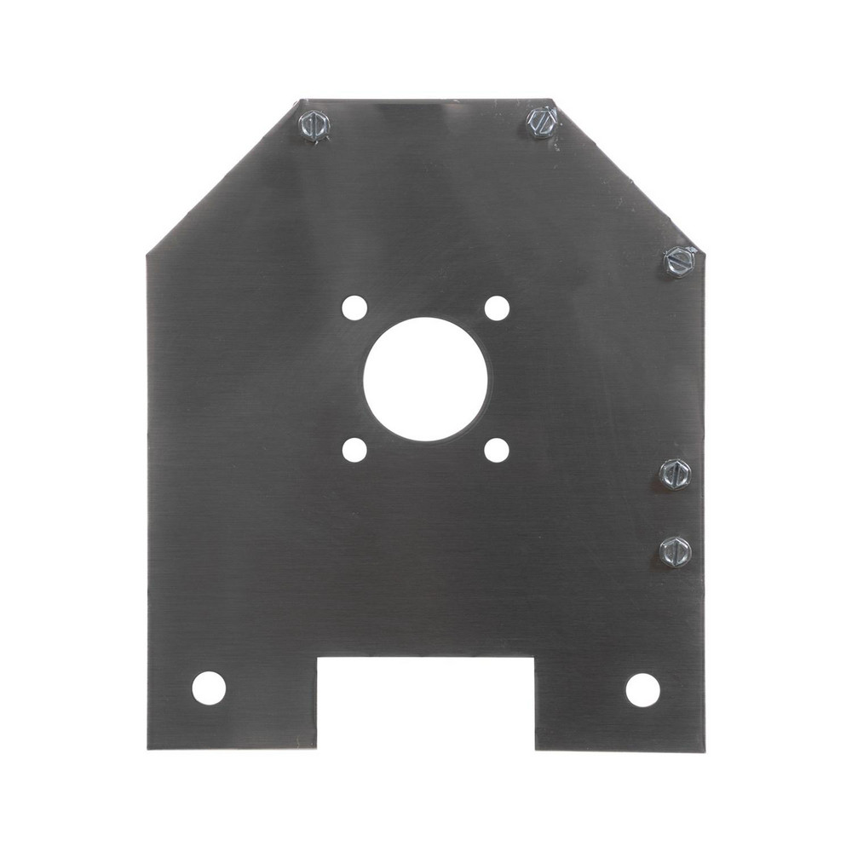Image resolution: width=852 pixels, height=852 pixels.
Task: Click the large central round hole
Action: click(x=425, y=379)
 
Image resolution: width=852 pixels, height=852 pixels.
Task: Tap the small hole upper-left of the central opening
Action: click(x=354, y=308)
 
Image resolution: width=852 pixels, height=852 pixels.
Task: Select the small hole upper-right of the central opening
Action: click(x=497, y=308)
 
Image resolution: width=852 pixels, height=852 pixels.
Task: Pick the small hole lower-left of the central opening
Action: click(x=354, y=449)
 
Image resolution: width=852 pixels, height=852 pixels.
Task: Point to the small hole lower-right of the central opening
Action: click(x=497, y=449)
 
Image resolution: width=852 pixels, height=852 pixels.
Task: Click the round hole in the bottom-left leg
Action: click(x=209, y=688)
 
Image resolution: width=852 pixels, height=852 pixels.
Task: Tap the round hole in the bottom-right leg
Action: click(x=642, y=689)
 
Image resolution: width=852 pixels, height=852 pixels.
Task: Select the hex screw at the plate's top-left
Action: click(x=314, y=126)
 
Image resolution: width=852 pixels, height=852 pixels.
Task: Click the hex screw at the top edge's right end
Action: click(x=541, y=123)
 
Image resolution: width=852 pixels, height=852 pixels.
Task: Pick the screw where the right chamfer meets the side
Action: click(x=680, y=261)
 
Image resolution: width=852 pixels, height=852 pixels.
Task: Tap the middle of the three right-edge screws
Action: click(x=675, y=474)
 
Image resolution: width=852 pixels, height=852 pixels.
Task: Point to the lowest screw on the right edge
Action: click(x=675, y=552)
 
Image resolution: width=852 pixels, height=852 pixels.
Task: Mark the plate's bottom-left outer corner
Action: click(x=148, y=748)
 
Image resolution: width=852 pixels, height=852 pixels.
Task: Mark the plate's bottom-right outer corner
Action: click(x=704, y=751)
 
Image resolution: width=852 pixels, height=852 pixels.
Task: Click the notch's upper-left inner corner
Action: click(x=318, y=657)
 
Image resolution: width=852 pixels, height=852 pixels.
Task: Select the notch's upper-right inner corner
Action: click(x=534, y=657)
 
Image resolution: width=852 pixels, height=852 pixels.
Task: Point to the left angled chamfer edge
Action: click(x=223, y=176)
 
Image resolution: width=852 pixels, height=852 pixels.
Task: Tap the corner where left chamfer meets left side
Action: click(x=147, y=253)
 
